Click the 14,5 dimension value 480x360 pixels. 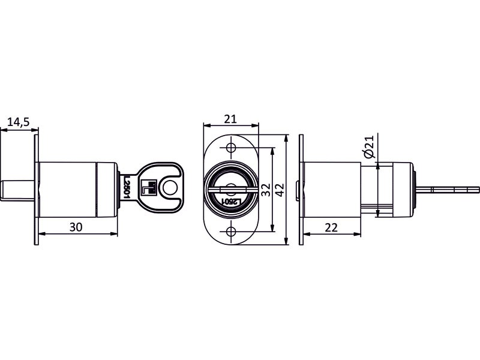point(18,122)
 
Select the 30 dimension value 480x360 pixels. point(76,227)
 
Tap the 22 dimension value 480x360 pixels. point(331,227)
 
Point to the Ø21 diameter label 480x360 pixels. point(369,146)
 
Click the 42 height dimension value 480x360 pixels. point(280,190)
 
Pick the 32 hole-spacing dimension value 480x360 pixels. point(266,190)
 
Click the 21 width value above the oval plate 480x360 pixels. point(230,119)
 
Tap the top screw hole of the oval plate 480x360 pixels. point(231,148)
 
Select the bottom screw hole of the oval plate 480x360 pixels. point(231,231)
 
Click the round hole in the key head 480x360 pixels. point(170,188)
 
